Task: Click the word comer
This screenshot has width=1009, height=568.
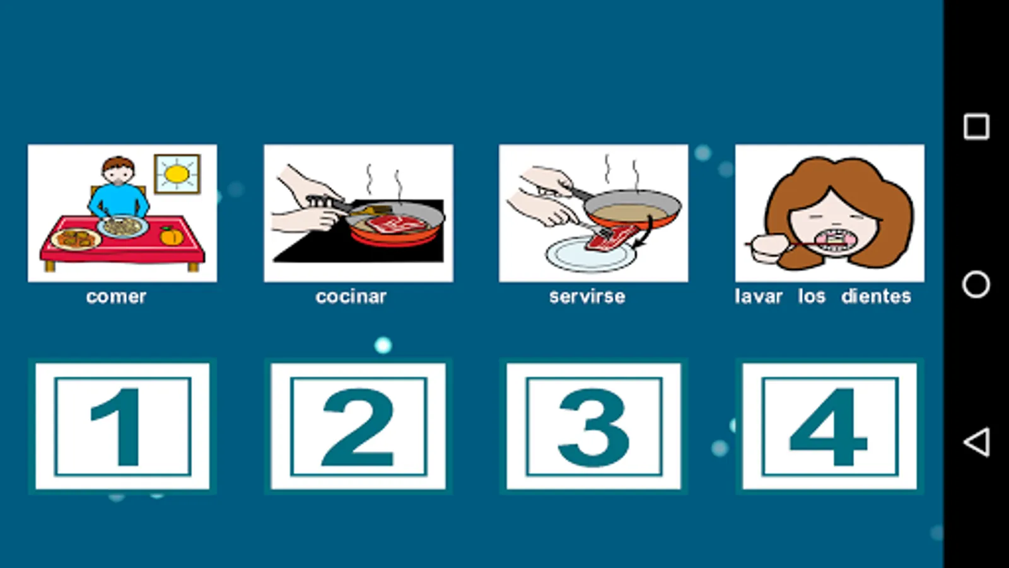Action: pyautogui.click(x=116, y=297)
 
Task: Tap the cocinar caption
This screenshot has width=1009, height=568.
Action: pyautogui.click(x=351, y=297)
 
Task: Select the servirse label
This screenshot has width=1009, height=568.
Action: pyautogui.click(x=587, y=297)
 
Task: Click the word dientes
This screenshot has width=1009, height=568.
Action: pyautogui.click(x=876, y=296)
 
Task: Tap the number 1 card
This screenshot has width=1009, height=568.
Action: pyautogui.click(x=122, y=426)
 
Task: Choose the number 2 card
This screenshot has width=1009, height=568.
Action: pyautogui.click(x=358, y=426)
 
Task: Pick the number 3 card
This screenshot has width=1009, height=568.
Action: pyautogui.click(x=593, y=426)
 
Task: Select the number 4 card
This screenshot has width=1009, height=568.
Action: pyautogui.click(x=830, y=426)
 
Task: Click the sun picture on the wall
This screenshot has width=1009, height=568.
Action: pyautogui.click(x=177, y=174)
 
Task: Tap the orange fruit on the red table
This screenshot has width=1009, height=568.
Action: pyautogui.click(x=172, y=236)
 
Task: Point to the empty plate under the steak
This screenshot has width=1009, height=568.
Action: pyautogui.click(x=591, y=254)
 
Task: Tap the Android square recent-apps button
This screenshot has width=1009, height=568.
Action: pyautogui.click(x=976, y=127)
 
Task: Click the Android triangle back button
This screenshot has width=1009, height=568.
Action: pyautogui.click(x=977, y=442)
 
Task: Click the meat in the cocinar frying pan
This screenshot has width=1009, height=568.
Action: pyautogui.click(x=395, y=224)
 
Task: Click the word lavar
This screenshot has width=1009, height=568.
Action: pyautogui.click(x=759, y=296)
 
